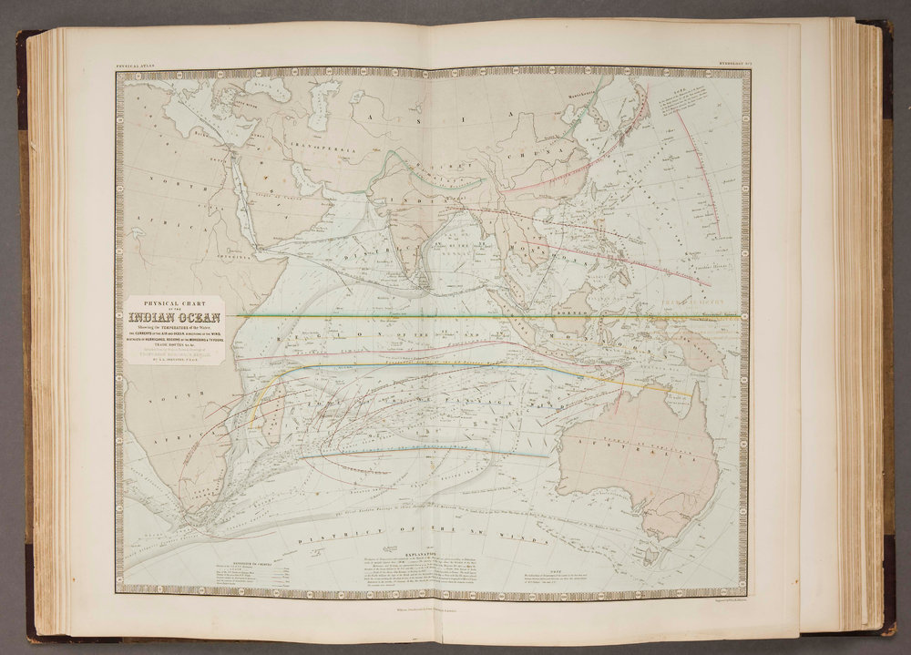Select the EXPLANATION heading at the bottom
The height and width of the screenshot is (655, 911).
(418, 553)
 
